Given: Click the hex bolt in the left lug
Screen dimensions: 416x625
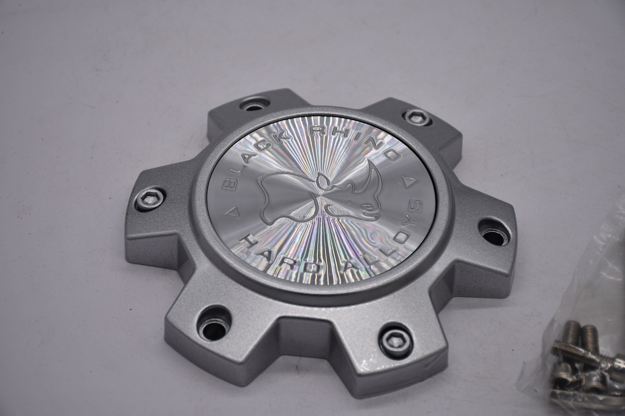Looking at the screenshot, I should (149, 199).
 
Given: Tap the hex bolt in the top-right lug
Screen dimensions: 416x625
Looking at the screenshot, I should (418, 117).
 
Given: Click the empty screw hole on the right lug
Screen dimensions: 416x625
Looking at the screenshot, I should (494, 236).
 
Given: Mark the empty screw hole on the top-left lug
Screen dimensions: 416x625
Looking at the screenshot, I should (254, 105).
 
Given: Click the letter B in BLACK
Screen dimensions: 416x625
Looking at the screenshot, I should (228, 184).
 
